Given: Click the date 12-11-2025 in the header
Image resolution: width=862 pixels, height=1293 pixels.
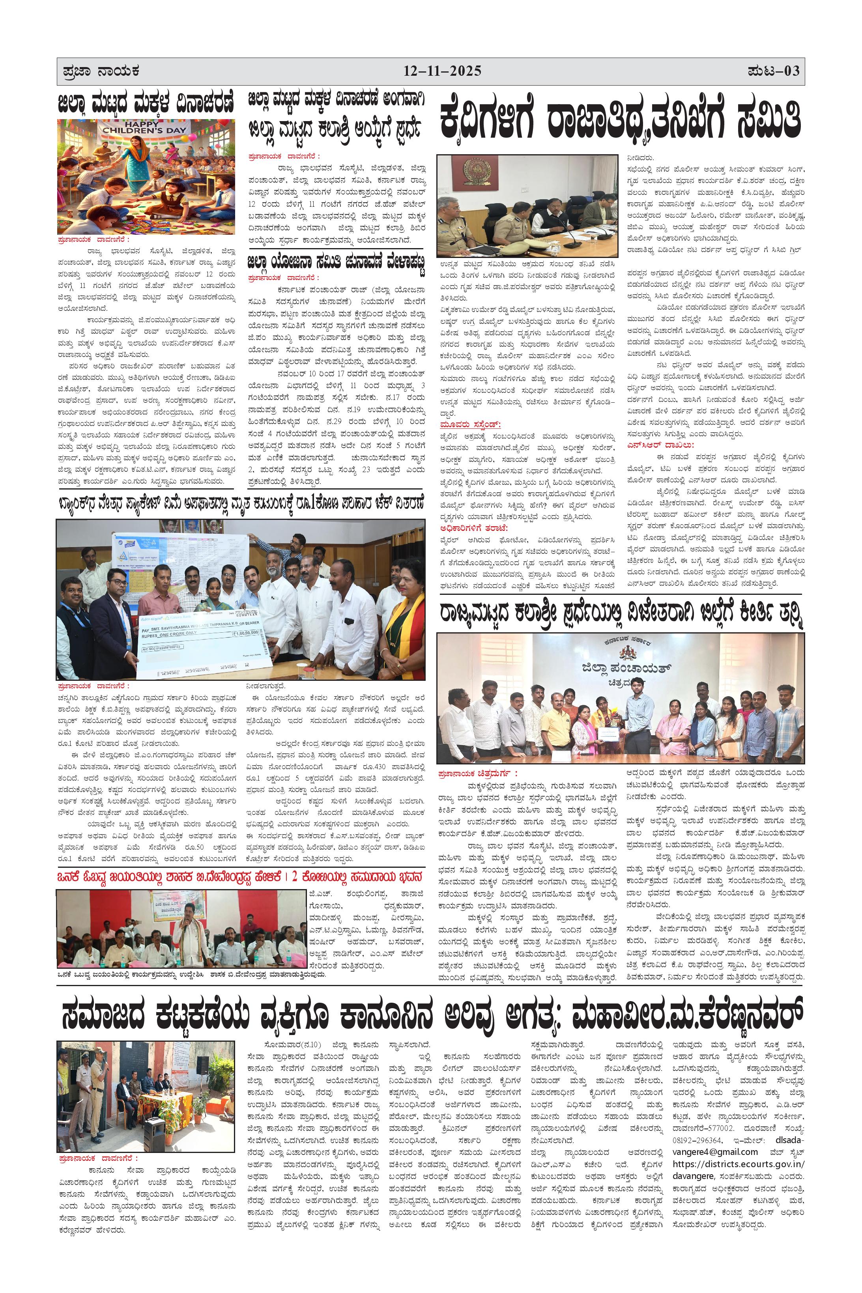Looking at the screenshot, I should (443, 71).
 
